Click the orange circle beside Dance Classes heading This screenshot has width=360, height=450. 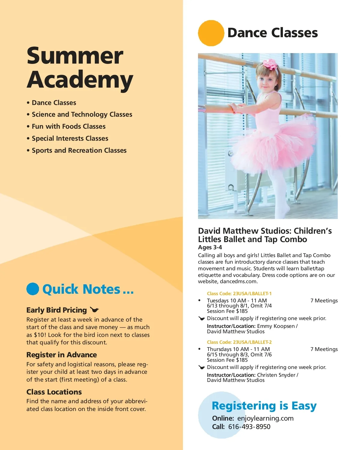click(x=211, y=33)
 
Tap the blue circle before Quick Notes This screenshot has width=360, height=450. click(x=33, y=289)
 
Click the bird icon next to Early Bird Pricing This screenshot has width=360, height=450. click(x=94, y=310)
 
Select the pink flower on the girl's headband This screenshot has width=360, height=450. click(x=270, y=64)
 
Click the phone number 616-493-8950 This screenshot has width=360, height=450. click(x=249, y=427)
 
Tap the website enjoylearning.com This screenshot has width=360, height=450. click(x=265, y=418)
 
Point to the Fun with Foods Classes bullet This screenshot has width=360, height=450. click(x=69, y=127)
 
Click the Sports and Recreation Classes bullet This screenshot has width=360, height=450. click(x=79, y=151)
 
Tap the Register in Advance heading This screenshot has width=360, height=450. click(x=61, y=355)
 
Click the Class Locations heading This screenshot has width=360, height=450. click(x=54, y=392)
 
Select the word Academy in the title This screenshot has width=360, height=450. click(x=80, y=80)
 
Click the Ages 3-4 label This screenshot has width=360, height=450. click(x=210, y=247)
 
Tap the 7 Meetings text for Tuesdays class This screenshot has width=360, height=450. click(x=324, y=301)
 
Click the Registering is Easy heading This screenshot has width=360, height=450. click(x=264, y=406)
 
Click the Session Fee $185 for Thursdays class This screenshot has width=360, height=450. click(x=227, y=360)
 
